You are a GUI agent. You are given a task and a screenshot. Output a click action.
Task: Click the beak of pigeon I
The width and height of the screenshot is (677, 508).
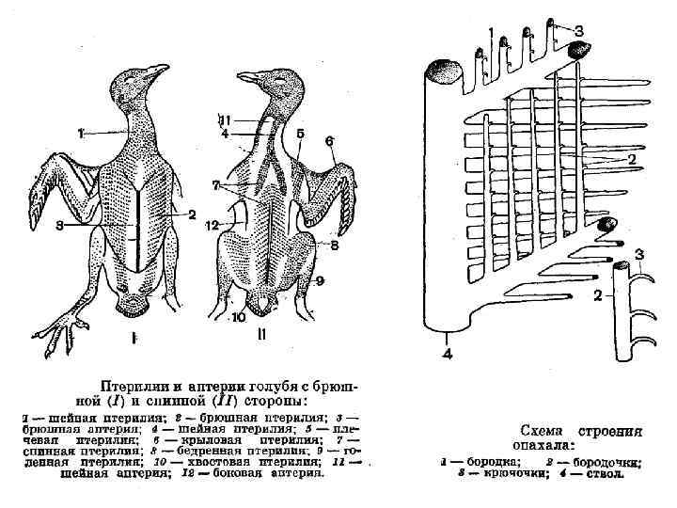pos(162,70)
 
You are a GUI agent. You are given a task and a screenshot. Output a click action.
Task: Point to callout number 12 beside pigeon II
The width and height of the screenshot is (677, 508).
pos(213,225)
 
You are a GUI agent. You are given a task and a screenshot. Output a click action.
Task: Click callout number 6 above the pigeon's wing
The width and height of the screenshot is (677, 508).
pos(329,141)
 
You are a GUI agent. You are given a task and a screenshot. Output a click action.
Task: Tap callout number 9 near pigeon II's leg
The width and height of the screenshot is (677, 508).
pos(319,279)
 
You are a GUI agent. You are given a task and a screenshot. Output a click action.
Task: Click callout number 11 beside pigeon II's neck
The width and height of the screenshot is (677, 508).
pos(225,119)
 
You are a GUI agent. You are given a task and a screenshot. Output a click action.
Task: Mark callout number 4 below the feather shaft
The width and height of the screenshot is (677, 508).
pos(448,354)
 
